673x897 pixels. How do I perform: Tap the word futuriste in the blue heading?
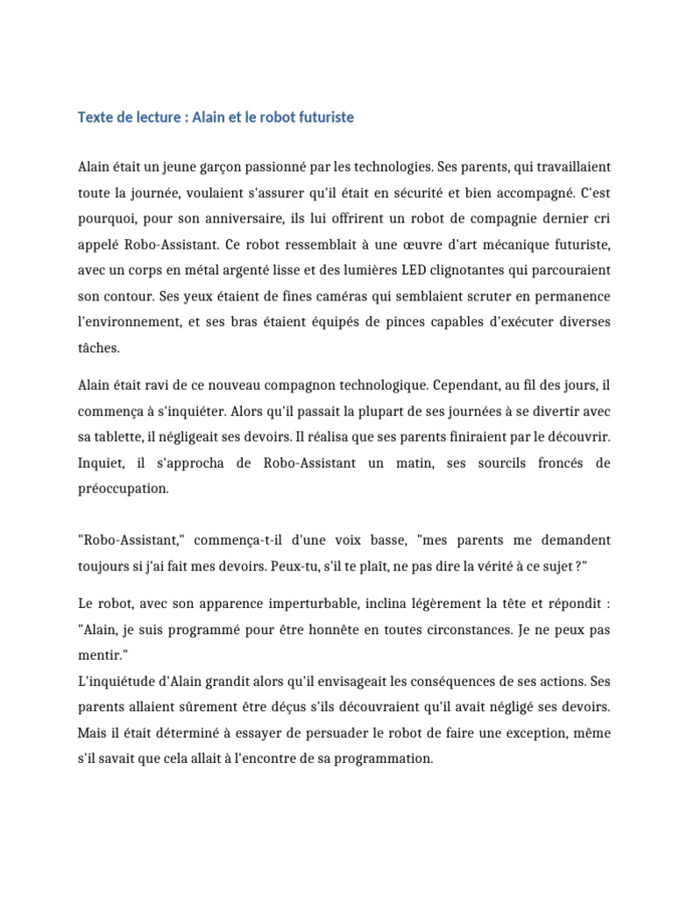pos(321,117)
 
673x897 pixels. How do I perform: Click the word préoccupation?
pos(123,487)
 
